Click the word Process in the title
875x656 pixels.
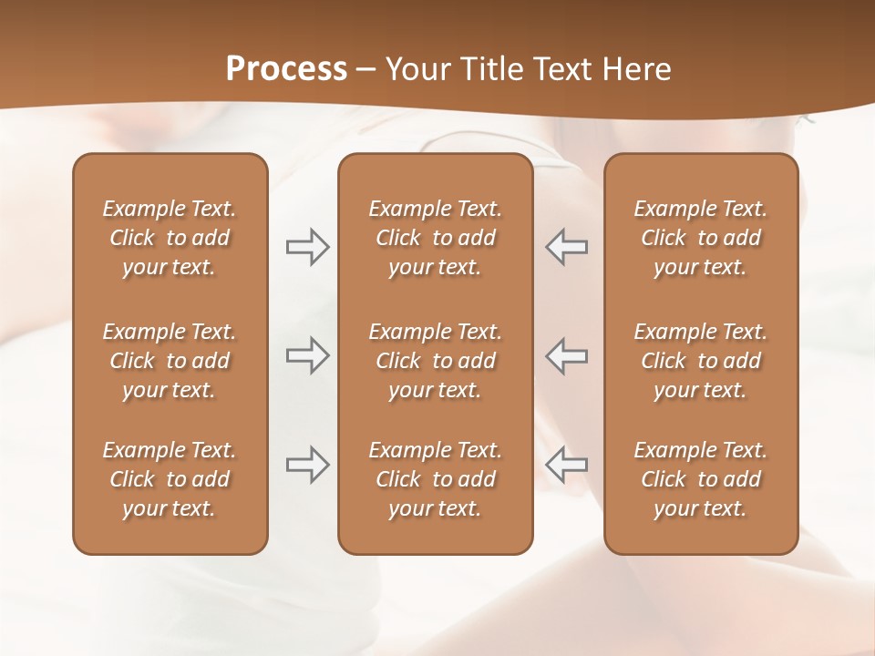tap(286, 68)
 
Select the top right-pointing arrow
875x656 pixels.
tap(307, 247)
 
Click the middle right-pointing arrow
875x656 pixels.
tap(307, 354)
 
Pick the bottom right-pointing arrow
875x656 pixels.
tap(307, 464)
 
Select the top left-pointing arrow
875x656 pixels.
tap(567, 247)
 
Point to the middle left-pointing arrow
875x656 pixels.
tap(567, 354)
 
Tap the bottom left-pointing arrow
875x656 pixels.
tap(567, 464)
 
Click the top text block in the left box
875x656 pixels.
tap(170, 238)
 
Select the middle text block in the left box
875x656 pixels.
tap(170, 361)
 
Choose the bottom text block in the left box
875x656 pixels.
tap(170, 479)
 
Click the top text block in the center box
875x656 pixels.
tap(435, 238)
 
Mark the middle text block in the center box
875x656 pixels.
tap(435, 361)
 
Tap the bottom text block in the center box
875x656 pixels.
tap(435, 479)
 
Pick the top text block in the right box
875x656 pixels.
tap(700, 238)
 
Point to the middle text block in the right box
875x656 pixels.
tap(700, 361)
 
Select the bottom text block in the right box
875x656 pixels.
tap(700, 479)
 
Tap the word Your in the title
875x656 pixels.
tap(416, 68)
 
